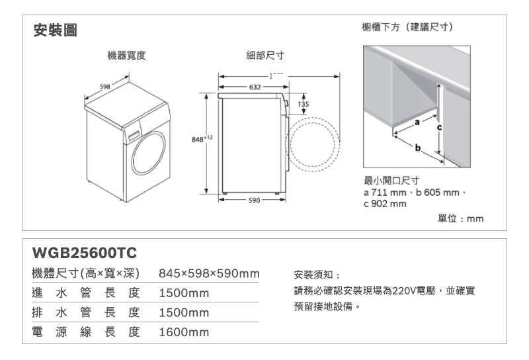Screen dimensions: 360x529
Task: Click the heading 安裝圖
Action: (x=54, y=30)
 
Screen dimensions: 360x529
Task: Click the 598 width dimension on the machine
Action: (x=104, y=86)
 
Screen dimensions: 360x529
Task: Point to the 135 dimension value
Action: (x=304, y=104)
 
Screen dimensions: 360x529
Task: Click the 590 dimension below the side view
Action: (x=254, y=199)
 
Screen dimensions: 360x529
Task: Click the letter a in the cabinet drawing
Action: (x=417, y=123)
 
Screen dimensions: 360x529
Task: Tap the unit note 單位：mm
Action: (x=462, y=218)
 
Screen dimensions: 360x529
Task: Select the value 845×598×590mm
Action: (x=208, y=275)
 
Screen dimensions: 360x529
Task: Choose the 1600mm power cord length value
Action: (x=184, y=332)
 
